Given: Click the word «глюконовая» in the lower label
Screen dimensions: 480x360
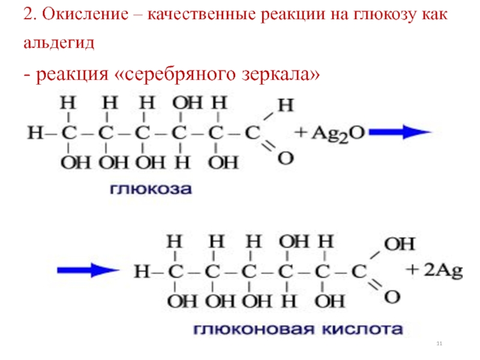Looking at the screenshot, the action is (243, 329).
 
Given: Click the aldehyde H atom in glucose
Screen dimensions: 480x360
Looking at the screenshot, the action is (287, 106).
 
